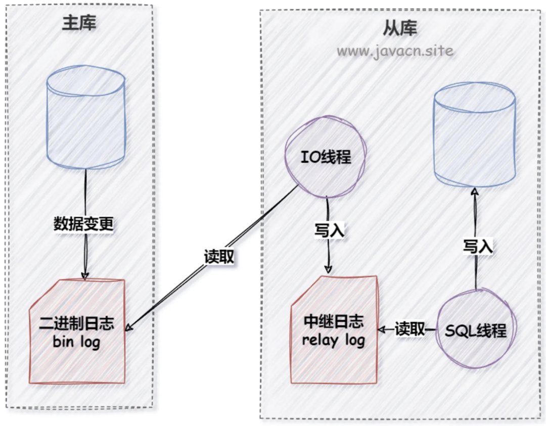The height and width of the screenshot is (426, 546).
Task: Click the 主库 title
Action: [x=80, y=23]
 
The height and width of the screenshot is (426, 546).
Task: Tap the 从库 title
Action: [x=401, y=29]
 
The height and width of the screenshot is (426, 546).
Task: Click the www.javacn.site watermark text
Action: [x=395, y=51]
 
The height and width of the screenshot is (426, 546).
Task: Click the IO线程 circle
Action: [x=326, y=158]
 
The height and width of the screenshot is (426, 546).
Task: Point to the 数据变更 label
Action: [x=84, y=224]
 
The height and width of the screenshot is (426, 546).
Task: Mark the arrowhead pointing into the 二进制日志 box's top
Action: [x=84, y=275]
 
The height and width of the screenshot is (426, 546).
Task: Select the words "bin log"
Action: [x=77, y=342]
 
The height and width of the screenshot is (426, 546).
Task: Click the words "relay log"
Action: [x=334, y=340]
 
